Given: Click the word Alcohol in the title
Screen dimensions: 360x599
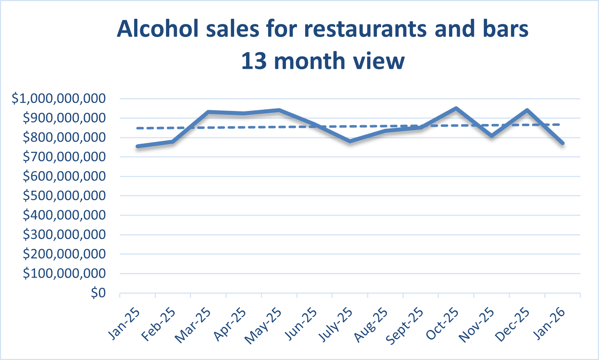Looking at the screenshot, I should point(158,29).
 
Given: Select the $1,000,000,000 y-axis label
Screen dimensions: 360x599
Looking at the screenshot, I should point(59,99).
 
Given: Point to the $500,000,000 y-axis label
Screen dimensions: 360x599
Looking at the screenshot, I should point(64,196).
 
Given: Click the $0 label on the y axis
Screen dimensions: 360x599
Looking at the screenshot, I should point(98,293).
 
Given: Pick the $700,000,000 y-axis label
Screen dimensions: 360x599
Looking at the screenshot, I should point(64,157).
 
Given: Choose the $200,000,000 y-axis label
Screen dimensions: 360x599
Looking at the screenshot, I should point(64,254).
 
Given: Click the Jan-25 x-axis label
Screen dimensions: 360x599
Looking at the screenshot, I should point(124,324).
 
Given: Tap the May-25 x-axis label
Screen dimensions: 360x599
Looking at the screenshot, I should point(263,326).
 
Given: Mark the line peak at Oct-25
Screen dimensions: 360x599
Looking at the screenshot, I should point(456,108).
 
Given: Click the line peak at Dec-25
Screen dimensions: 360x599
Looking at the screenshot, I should point(527,110).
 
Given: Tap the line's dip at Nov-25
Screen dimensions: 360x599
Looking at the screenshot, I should point(491,136).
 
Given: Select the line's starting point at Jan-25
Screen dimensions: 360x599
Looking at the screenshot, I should point(138,146).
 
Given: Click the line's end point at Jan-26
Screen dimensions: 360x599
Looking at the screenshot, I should point(562,143).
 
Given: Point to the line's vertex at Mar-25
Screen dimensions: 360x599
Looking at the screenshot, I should point(208,112).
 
